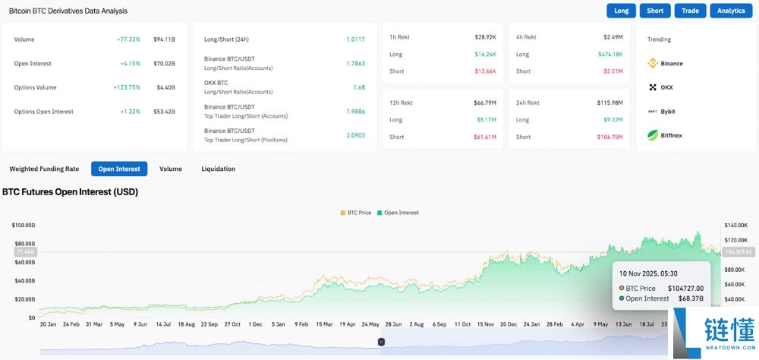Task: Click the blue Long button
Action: click(x=622, y=11)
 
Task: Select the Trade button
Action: click(x=690, y=11)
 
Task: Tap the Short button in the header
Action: click(x=655, y=11)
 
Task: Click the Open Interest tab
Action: click(x=119, y=169)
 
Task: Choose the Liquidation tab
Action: click(x=218, y=169)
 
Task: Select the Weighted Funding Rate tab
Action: click(x=44, y=169)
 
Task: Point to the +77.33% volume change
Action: click(x=128, y=39)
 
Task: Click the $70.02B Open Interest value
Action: click(x=164, y=64)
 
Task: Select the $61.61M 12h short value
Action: click(x=485, y=137)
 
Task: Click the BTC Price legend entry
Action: click(x=356, y=213)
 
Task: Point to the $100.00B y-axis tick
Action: click(x=23, y=226)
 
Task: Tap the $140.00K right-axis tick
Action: click(x=737, y=226)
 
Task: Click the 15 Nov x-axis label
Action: click(x=484, y=324)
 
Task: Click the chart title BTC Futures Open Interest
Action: click(x=70, y=192)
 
